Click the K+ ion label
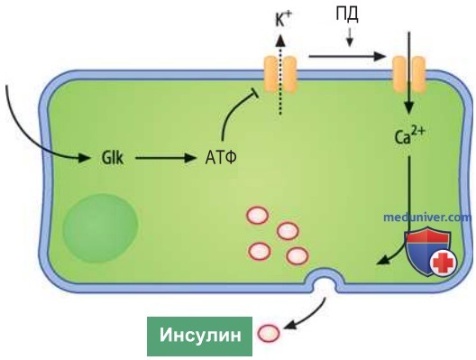[283, 21]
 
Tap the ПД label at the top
[347, 14]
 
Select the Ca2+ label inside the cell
[409, 136]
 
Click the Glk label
[113, 158]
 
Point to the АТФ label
[221, 158]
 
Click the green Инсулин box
[199, 337]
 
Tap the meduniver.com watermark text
[427, 217]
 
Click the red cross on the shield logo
[444, 263]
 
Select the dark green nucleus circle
[100, 228]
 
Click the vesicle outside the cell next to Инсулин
[269, 334]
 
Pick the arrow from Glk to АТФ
[165, 158]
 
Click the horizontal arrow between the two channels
[347, 56]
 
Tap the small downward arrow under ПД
[350, 38]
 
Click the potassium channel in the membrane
[279, 74]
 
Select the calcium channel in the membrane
[409, 74]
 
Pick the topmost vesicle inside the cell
[258, 215]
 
